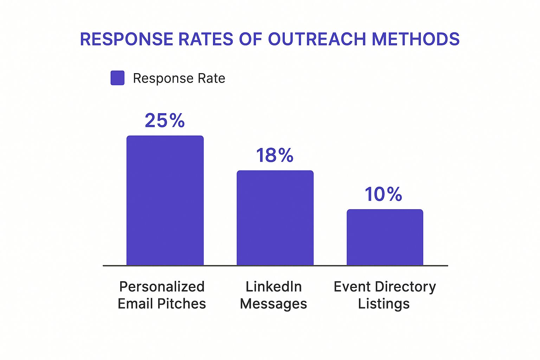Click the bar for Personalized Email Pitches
pos(165,200)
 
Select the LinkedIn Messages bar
pos(275,218)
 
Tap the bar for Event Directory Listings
pos(385,237)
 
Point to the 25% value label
pos(165,121)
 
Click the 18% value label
pos(275,155)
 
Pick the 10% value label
pos(383,194)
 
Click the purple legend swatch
pos(117,78)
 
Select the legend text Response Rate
pos(179,78)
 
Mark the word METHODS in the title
pos(416,39)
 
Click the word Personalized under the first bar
pos(162,287)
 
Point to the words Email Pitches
pos(162,304)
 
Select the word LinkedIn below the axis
pos(274,287)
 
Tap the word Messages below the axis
pos(274,304)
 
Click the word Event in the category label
pos(352,287)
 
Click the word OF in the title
pos(251,39)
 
